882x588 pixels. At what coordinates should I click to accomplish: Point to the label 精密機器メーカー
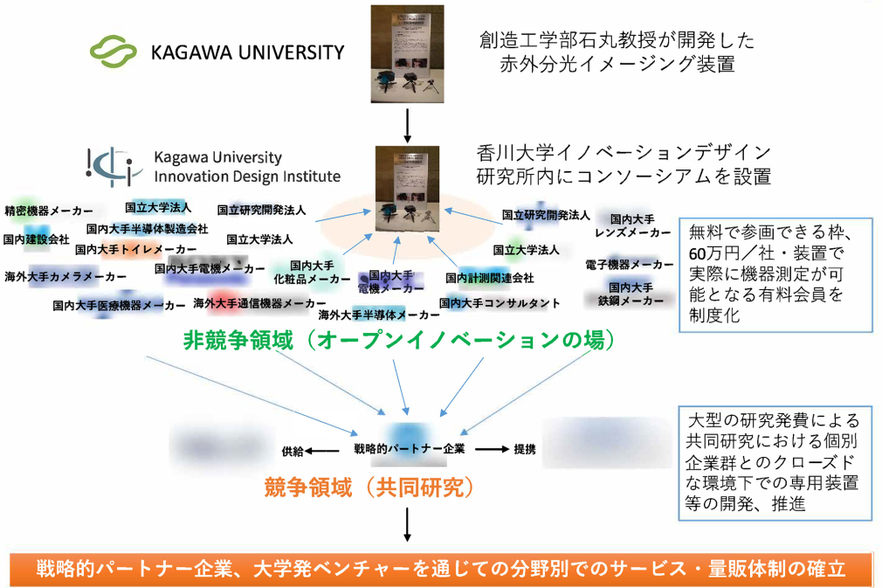(49, 211)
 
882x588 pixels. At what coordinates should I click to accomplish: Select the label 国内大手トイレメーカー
(136, 249)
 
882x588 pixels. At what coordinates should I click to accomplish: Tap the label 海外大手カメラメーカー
(65, 276)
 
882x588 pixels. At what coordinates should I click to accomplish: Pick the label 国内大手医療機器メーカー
(119, 306)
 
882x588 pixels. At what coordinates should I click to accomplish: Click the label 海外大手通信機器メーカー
(253, 303)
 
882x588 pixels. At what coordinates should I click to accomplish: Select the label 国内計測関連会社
(489, 279)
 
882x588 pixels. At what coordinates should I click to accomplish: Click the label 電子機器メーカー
(630, 264)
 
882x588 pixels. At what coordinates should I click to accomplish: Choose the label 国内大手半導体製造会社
(148, 229)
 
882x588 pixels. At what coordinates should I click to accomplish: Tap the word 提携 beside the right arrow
(524, 450)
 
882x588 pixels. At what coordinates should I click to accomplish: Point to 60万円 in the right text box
(714, 253)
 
